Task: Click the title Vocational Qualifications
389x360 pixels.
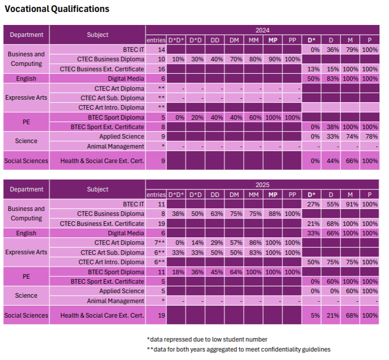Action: point(57,9)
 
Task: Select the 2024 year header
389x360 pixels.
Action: point(262,30)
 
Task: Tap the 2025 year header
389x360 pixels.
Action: point(262,185)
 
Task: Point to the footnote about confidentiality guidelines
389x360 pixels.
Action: point(239,350)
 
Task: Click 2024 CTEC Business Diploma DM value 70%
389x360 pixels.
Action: point(234,59)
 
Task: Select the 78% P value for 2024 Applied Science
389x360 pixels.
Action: point(370,137)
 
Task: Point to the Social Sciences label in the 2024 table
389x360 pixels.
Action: point(26,161)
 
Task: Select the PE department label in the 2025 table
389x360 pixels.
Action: point(26,277)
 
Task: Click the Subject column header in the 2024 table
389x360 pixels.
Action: point(98,35)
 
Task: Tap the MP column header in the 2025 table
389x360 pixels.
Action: point(273,194)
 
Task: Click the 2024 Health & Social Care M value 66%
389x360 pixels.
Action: point(350,161)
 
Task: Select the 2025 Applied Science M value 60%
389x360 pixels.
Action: point(350,291)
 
